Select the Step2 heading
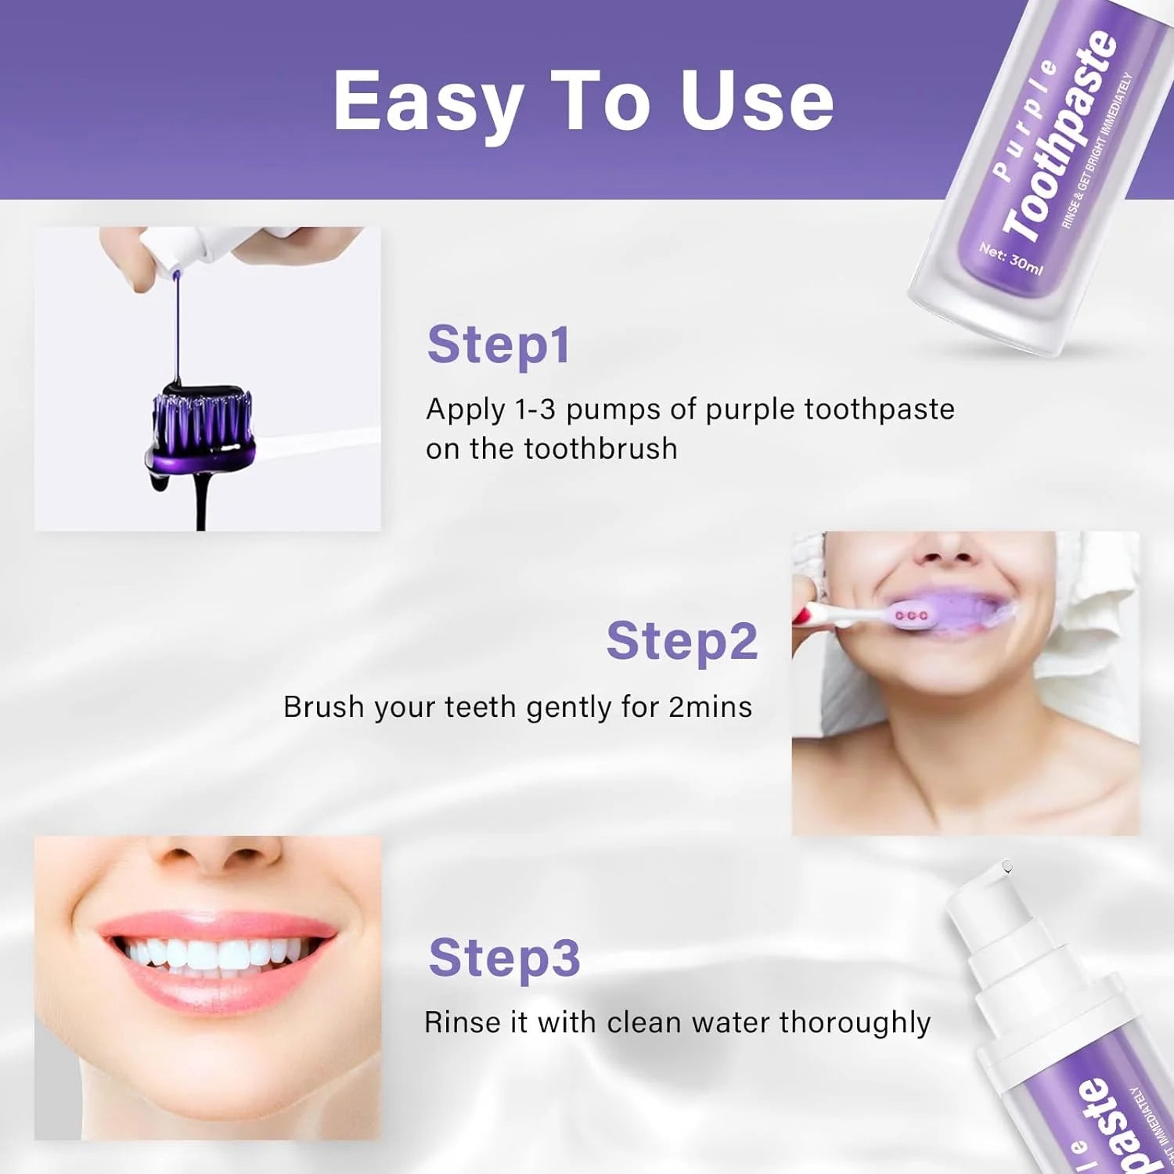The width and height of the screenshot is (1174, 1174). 682,641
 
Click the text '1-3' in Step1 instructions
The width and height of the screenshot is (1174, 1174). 535,409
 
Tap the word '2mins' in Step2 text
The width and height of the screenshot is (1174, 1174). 710,707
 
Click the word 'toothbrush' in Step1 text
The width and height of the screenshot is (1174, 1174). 600,448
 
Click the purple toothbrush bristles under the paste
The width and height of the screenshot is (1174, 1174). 202,423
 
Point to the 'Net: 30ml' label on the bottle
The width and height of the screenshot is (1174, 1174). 1010,258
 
